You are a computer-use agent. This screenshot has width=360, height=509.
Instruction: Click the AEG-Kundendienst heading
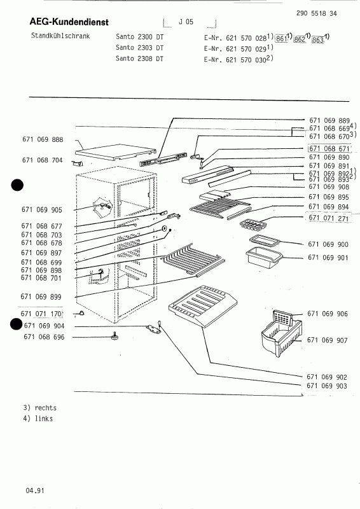(x=69, y=22)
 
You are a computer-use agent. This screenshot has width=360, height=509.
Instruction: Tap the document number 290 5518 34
(x=317, y=13)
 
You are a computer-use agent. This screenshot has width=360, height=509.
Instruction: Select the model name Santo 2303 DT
(x=139, y=48)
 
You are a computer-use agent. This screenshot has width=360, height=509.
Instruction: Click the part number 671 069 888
(x=43, y=139)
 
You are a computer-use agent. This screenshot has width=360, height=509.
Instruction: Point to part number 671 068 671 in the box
(x=329, y=149)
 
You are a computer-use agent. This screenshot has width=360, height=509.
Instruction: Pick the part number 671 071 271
(x=328, y=218)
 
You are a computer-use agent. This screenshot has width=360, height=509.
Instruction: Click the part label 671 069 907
(x=327, y=340)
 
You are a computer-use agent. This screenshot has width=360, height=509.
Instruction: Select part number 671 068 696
(x=44, y=337)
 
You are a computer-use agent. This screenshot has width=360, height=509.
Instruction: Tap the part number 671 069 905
(x=41, y=210)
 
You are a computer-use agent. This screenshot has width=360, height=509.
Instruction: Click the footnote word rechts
(x=45, y=408)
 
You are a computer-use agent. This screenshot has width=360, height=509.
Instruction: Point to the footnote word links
(x=43, y=419)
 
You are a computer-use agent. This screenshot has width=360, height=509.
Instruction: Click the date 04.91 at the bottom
(x=35, y=490)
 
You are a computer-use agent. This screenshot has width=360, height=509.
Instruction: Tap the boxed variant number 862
(x=300, y=39)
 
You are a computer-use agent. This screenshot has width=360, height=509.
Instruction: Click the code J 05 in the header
(x=186, y=22)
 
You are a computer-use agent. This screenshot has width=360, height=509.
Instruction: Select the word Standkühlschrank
(x=60, y=36)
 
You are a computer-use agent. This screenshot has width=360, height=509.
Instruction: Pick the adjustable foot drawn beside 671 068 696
(x=114, y=336)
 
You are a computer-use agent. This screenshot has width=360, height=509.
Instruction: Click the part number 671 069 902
(x=326, y=377)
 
